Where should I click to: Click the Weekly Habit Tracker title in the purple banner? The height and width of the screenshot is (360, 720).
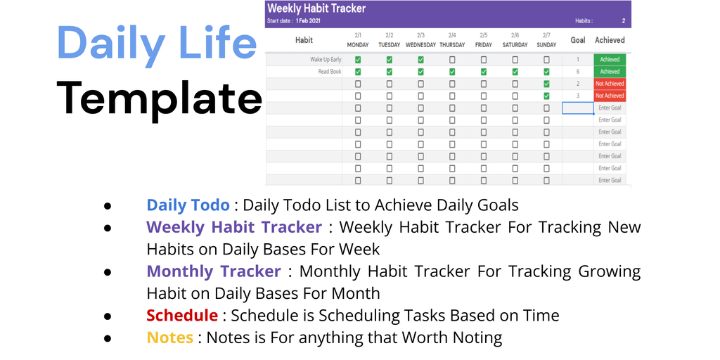316,8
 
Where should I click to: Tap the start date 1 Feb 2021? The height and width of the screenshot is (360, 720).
308,20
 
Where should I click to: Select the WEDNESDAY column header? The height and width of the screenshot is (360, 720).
420,45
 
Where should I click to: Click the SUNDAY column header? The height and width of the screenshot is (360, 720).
546,45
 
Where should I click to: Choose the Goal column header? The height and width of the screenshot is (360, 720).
578,40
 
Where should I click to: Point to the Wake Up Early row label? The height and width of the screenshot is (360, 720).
326,60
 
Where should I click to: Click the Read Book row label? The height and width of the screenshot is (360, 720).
330,72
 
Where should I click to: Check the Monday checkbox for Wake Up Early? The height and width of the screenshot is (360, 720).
358,60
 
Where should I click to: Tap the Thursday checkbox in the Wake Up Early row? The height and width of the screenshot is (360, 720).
452,60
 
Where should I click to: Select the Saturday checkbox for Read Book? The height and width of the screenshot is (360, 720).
515,72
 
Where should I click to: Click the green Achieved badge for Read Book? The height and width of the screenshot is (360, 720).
610,72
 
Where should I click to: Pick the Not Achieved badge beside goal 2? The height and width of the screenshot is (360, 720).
610,84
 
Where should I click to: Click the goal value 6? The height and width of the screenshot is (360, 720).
578,72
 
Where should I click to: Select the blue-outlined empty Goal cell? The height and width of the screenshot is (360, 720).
578,108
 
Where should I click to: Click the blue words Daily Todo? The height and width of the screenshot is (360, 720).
188,205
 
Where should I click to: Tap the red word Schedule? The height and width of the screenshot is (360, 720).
182,316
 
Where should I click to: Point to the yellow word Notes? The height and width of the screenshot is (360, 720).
170,337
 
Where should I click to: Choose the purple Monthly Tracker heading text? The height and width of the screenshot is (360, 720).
214,271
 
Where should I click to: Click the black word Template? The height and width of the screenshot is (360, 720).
159,98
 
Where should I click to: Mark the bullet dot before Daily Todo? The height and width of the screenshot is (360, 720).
108,205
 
